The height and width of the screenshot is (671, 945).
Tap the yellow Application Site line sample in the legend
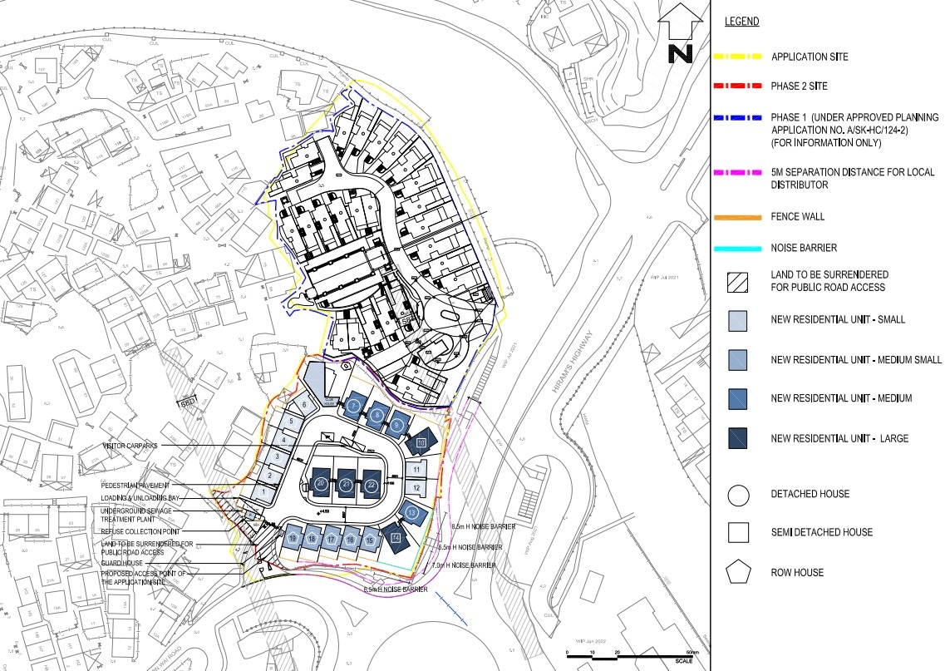coord(737,57)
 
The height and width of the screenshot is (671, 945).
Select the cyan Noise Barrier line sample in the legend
coord(737,248)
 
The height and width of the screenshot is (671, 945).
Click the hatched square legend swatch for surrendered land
coord(737,281)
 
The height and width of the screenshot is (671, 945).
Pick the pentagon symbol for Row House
coord(738,572)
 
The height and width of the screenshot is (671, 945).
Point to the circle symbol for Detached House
coord(738,495)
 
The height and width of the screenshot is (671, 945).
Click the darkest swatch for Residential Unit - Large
coord(737,438)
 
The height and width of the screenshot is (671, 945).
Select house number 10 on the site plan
coord(421,442)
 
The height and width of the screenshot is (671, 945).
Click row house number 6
coord(304,404)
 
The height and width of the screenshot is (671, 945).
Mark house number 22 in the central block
coord(372,485)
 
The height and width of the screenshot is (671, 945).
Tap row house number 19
coord(293,539)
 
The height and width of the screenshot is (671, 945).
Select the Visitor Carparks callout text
coord(130,446)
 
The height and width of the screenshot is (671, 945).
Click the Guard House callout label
coord(124,563)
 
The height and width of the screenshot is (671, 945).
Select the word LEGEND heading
coord(741,22)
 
